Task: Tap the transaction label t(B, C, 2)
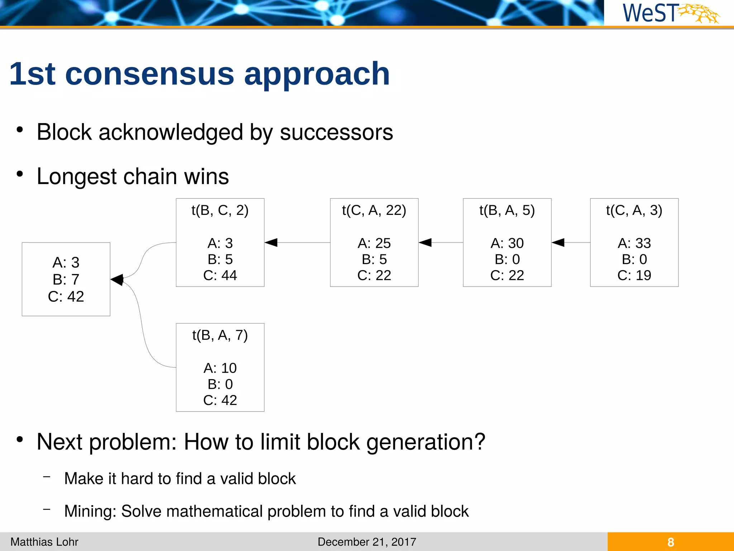[220, 210]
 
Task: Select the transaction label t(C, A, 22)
[374, 210]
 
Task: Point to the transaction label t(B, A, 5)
[507, 210]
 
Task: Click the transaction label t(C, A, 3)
[634, 210]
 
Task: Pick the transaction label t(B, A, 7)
[220, 335]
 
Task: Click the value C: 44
[220, 275]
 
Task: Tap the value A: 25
[374, 243]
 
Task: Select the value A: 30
[507, 243]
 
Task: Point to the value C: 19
[634, 275]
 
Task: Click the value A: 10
[220, 368]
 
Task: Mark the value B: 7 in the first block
[66, 279]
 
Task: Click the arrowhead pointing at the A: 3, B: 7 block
[117, 279]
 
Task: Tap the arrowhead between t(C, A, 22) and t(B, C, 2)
[271, 242]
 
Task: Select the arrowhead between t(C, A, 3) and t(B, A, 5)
[558, 242]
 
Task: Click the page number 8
[671, 542]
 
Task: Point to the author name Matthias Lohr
[44, 542]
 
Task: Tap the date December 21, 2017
[367, 542]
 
